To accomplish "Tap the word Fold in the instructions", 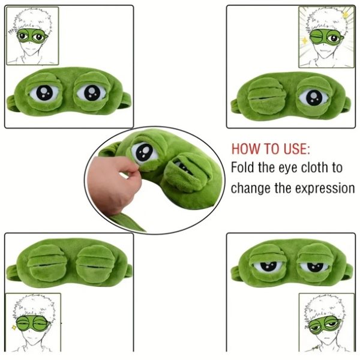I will [245, 168].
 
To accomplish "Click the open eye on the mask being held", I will [145, 152].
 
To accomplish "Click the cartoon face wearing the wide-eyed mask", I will [31, 36].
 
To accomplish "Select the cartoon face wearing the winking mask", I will [323, 36].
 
